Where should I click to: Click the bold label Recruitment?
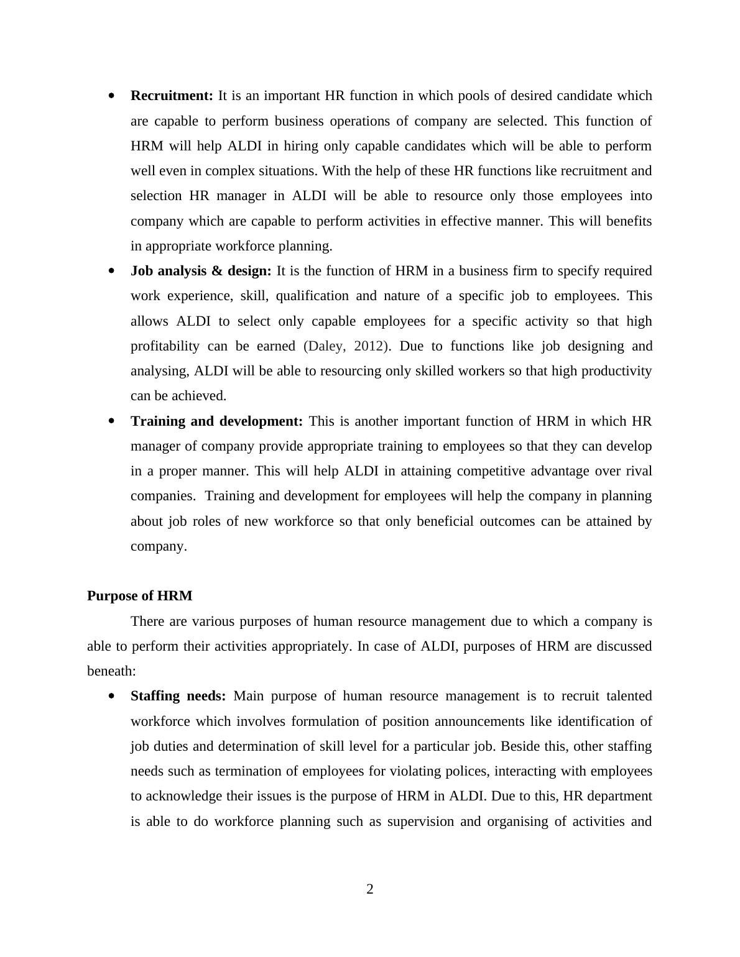pyautogui.click(x=172, y=96)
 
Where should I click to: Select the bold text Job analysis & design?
pyautogui.click(x=201, y=271)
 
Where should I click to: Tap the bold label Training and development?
pyautogui.click(x=216, y=421)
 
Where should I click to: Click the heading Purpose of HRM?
pyautogui.click(x=140, y=596)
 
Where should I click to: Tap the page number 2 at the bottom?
pyautogui.click(x=370, y=889)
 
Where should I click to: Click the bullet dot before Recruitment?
pyautogui.click(x=111, y=96)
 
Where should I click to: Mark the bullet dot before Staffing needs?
pyautogui.click(x=111, y=697)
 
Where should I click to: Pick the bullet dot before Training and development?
pyautogui.click(x=111, y=421)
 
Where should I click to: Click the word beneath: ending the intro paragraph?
pyautogui.click(x=111, y=671)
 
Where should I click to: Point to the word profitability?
pyautogui.click(x=165, y=346)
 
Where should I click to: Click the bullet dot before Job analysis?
pyautogui.click(x=111, y=271)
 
